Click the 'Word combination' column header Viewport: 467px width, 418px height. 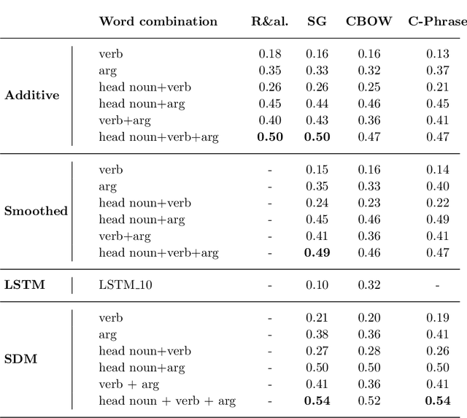158,21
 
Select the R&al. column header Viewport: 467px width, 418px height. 269,21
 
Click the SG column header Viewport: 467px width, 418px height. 317,21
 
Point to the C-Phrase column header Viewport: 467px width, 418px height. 436,21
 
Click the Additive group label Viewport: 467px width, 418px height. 31,95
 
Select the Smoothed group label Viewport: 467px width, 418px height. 36,211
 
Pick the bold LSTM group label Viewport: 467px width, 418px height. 25,285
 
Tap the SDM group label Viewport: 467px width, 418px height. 20,359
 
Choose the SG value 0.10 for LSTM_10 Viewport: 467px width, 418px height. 317,285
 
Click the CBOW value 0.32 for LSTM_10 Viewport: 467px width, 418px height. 369,285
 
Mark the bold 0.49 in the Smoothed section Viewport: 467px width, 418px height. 317,253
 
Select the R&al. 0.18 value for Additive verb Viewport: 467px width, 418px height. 270,53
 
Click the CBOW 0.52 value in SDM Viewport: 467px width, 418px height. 369,400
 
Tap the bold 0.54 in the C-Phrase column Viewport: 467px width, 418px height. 437,400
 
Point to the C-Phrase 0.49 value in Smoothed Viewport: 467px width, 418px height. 437,220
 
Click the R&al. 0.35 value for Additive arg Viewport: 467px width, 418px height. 270,70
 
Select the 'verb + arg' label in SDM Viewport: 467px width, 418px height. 128,384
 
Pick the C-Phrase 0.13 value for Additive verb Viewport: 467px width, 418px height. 437,53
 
